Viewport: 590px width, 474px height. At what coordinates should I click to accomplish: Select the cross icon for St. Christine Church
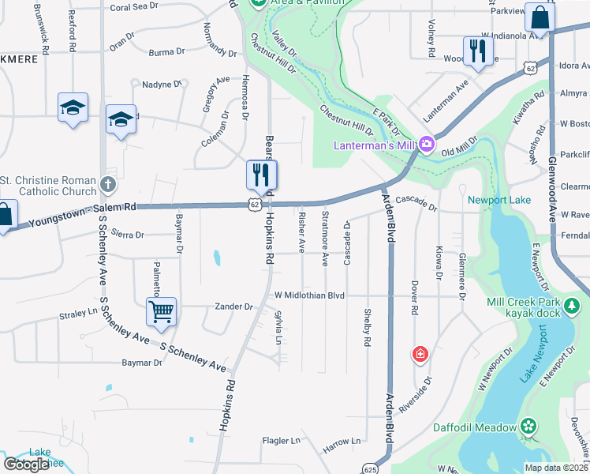pyautogui.click(x=109, y=185)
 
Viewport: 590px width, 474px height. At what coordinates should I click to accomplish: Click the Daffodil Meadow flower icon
pyautogui.click(x=528, y=427)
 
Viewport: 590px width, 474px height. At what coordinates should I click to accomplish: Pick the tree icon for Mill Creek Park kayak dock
pyautogui.click(x=573, y=304)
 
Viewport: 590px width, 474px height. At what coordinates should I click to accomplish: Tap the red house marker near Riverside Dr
pyautogui.click(x=420, y=352)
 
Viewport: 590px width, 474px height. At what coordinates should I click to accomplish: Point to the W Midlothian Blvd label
pyautogui.click(x=309, y=295)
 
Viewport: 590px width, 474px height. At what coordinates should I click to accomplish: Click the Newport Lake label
pyautogui.click(x=499, y=200)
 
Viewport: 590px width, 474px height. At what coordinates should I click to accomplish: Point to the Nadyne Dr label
pyautogui.click(x=162, y=84)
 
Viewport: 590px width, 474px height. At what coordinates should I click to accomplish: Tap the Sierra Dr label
pyautogui.click(x=128, y=235)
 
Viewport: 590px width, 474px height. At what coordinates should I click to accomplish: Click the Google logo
pyautogui.click(x=27, y=465)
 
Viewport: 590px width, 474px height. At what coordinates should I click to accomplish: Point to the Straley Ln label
pyautogui.click(x=77, y=314)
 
